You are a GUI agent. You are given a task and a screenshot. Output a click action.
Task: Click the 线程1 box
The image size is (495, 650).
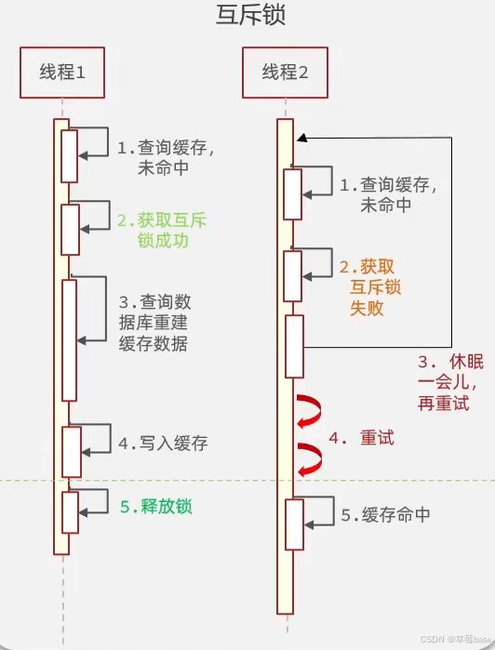62,72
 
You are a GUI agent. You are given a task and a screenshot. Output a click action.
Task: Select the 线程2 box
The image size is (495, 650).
285,72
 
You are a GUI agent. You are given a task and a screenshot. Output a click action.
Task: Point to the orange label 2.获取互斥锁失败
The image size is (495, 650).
365,286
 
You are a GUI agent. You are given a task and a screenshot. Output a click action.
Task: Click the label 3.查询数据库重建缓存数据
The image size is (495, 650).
154,323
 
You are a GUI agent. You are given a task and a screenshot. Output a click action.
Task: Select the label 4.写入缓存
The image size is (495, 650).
163,444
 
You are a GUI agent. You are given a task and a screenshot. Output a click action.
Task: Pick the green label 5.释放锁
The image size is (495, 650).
160,507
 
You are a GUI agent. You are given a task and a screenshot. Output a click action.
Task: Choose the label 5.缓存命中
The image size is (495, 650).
384,514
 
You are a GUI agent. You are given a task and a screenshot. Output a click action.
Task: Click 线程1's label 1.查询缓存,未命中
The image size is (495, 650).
165,157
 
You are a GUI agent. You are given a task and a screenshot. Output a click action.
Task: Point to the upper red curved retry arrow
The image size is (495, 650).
309,411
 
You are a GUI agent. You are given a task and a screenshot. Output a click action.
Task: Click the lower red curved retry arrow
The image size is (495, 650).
309,456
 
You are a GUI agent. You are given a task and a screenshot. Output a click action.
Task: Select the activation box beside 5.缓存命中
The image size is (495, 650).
294,524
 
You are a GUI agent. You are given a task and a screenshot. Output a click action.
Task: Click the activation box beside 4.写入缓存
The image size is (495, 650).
70,451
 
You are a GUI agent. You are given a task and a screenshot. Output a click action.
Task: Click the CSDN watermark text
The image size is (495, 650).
455,640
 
